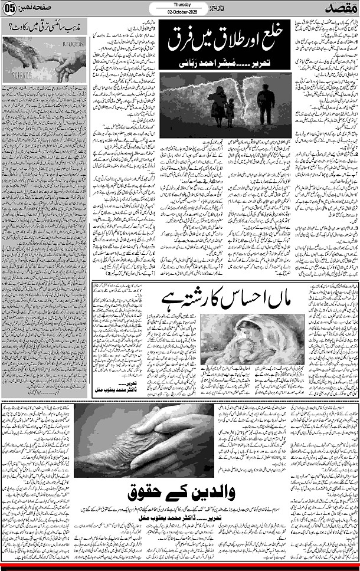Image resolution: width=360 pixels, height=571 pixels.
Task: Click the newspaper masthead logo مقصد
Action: pyautogui.click(x=339, y=9)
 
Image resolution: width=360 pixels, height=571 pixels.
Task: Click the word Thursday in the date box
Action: pyautogui.click(x=180, y=5)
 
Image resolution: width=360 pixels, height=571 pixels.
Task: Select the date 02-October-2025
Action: pyautogui.click(x=180, y=12)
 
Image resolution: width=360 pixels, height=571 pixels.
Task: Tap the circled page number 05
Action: pyautogui.click(x=10, y=8)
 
